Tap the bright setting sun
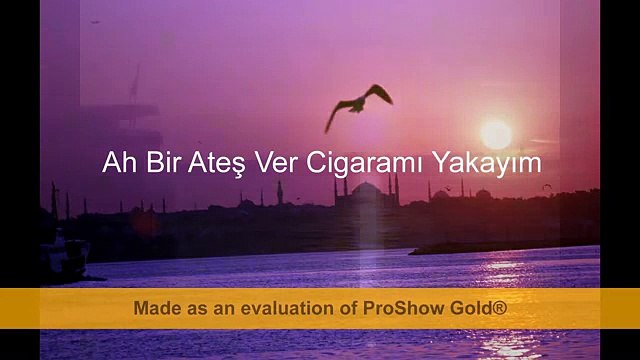496,133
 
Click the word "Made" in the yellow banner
156,308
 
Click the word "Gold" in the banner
470,308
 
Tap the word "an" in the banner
223,308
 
